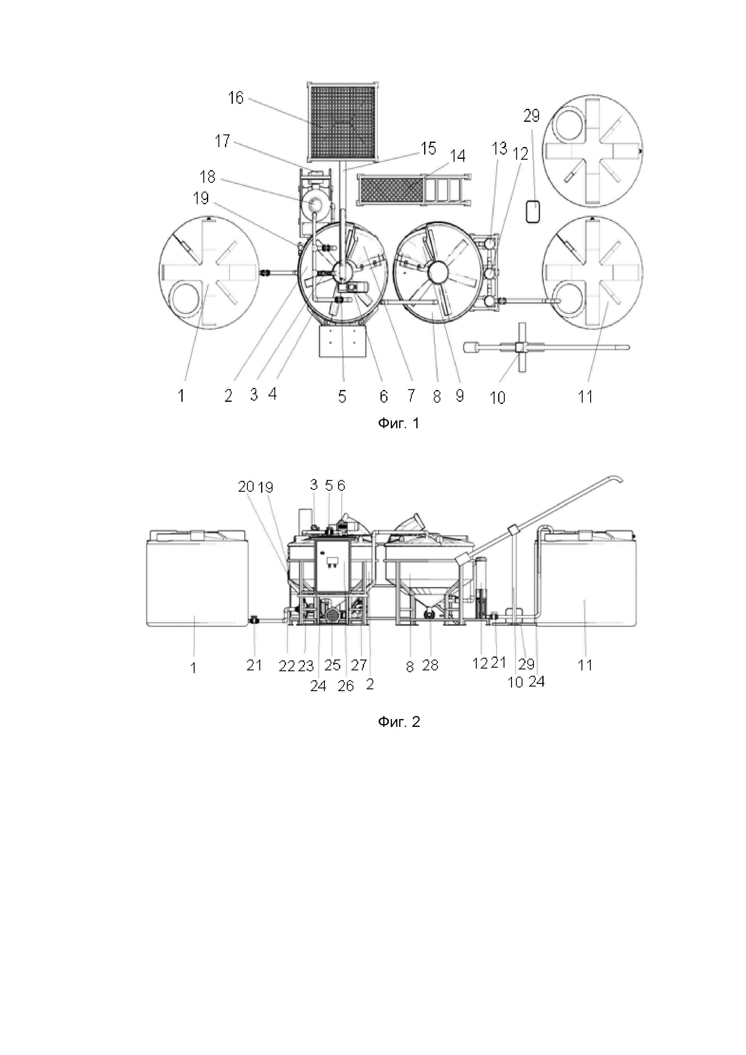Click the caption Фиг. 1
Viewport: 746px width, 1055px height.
(x=399, y=423)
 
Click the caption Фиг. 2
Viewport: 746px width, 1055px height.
(x=399, y=722)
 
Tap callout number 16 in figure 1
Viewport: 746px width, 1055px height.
(x=236, y=98)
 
